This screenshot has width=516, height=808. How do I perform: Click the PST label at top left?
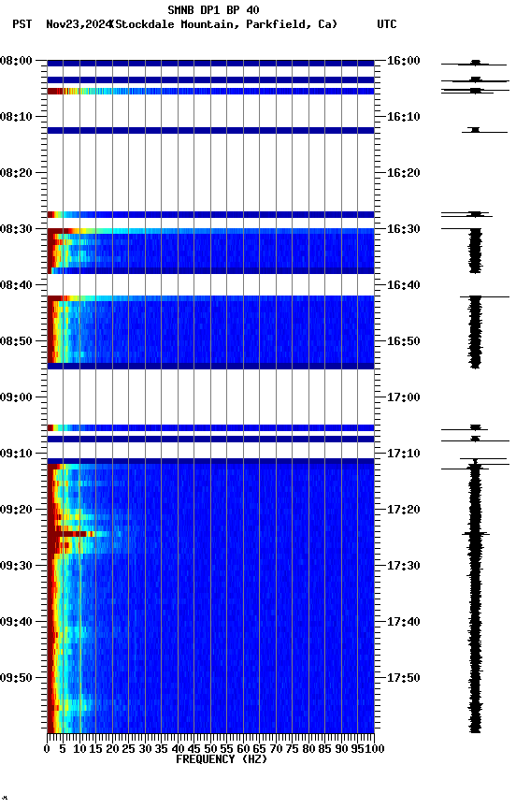point(21,24)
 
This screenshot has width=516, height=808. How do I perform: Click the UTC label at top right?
point(386,24)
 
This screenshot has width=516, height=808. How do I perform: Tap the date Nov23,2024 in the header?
point(77,24)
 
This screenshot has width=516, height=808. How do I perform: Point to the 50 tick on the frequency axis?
point(210,748)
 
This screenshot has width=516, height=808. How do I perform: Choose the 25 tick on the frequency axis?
point(129,748)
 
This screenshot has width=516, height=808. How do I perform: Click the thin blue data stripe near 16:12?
point(210,130)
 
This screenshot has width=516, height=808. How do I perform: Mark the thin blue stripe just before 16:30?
point(210,214)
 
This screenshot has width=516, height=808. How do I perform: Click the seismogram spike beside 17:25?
point(476,534)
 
